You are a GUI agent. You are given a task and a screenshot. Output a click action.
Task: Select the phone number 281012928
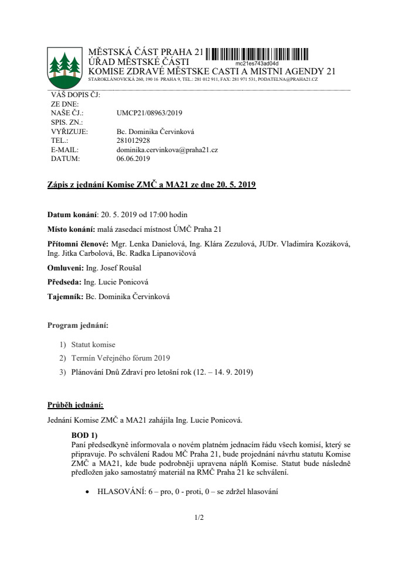point(134,141)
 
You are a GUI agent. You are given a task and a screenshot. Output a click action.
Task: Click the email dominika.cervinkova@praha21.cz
point(167,150)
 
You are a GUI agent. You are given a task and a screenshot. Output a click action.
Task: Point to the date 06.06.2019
point(134,158)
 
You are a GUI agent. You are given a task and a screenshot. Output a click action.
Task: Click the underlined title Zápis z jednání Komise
point(151,186)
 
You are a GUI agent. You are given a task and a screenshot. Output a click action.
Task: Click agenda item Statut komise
point(93,344)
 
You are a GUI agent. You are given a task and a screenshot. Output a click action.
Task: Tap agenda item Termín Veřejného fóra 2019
point(121,358)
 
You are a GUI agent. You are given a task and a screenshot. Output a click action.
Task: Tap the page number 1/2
point(199,518)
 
